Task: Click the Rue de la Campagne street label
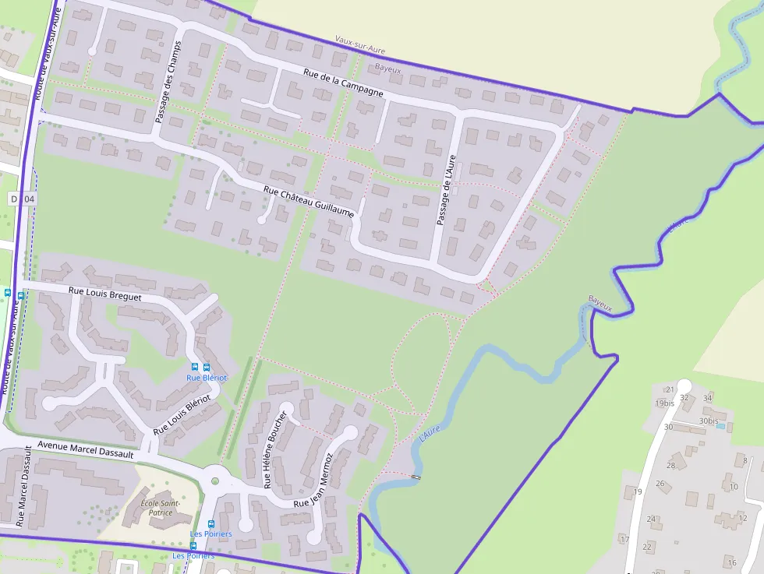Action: [x=344, y=83]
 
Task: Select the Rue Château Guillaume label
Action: [x=309, y=201]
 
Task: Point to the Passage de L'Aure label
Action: [x=445, y=190]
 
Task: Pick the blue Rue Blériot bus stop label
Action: [x=207, y=378]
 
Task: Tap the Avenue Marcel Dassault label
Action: [x=85, y=450]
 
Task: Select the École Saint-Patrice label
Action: [x=161, y=508]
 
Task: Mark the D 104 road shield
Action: [x=23, y=199]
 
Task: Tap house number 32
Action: [x=684, y=398]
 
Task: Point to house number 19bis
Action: [x=664, y=403]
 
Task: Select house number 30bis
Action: [x=709, y=421]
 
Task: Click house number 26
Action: [x=660, y=484]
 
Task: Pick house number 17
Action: [x=624, y=539]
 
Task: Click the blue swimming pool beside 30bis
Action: [x=720, y=427]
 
